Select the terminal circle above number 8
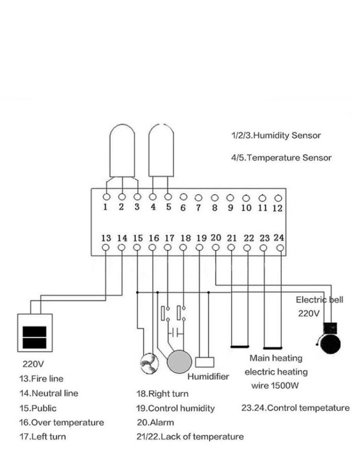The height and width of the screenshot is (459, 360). [x=215, y=197]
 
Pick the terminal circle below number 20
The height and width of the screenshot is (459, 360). [x=216, y=247]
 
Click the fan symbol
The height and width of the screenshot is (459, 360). [x=148, y=363]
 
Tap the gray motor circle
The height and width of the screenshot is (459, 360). [x=179, y=361]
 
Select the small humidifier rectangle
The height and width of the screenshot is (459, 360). [x=205, y=362]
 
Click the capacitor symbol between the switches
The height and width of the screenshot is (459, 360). [x=174, y=332]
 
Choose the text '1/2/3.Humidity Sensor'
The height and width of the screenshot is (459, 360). [x=276, y=135]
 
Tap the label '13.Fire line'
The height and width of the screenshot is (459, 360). [x=41, y=379]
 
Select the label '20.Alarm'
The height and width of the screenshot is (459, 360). [x=155, y=423]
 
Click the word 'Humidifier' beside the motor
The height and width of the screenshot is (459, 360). [x=208, y=376]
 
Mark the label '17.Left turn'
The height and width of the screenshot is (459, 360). [x=42, y=437]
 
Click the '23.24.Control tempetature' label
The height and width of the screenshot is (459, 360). [x=295, y=408]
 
